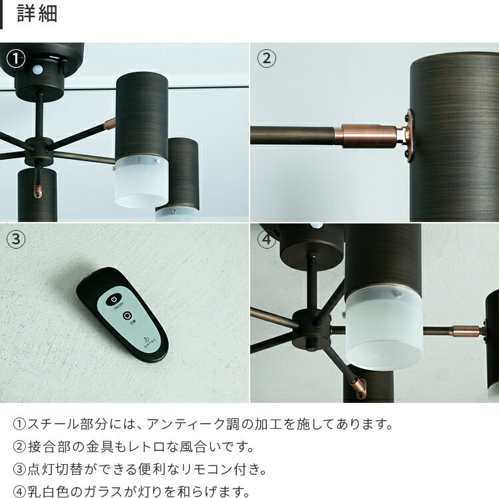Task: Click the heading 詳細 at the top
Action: point(37,14)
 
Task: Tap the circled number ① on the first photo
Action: point(15,59)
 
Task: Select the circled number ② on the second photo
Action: point(266,59)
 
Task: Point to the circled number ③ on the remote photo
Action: point(15,239)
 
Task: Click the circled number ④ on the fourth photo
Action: point(266,239)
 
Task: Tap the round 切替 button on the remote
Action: point(127,316)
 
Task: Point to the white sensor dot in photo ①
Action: point(37,69)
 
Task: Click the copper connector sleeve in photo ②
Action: point(369,136)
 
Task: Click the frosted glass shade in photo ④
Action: point(384,328)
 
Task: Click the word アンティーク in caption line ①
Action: point(186,424)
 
